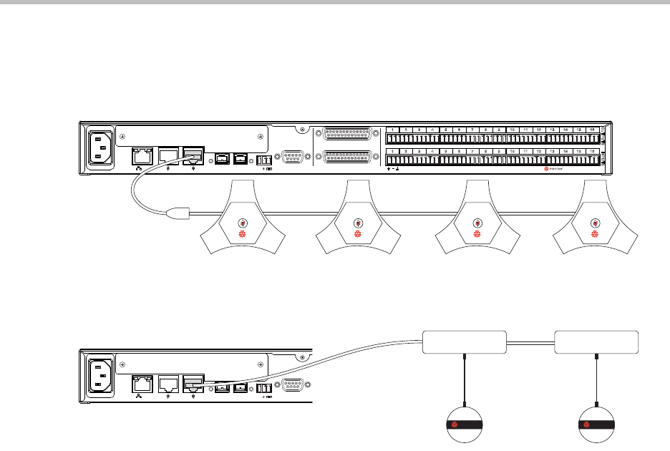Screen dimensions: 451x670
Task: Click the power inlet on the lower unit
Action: click(x=99, y=378)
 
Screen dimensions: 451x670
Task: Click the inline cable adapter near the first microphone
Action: click(x=175, y=212)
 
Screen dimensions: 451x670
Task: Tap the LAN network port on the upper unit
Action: click(x=141, y=155)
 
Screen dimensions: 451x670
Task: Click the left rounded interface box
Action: click(x=465, y=342)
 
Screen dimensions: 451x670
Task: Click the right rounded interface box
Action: click(x=597, y=342)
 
